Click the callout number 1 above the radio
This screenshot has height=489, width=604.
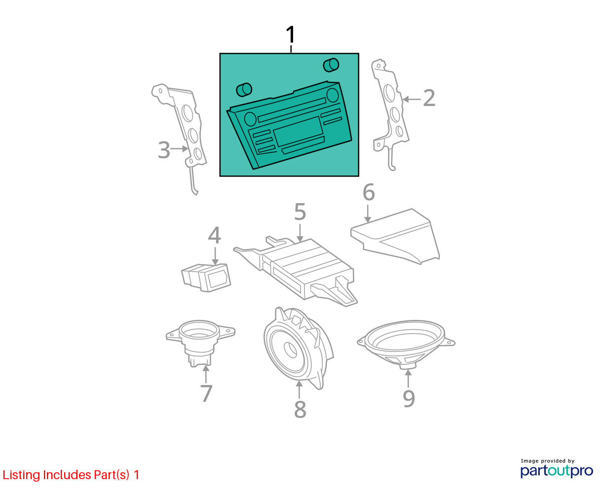point(291,35)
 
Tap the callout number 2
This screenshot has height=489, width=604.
point(429,98)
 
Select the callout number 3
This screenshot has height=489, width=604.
point(164,150)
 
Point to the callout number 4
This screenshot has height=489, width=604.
point(214,235)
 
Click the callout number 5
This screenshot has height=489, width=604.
point(300,211)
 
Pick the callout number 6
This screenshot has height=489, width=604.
point(369,192)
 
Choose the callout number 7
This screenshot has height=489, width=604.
point(206,393)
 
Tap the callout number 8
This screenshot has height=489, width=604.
point(300,409)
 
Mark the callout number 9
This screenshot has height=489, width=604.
point(409,399)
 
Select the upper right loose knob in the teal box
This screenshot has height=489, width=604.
point(331,65)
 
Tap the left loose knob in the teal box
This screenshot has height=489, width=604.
point(244,90)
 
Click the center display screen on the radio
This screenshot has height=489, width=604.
point(299,132)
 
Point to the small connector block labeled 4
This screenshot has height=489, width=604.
point(206,278)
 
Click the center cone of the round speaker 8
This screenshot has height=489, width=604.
point(290,350)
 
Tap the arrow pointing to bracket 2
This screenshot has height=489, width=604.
point(412,99)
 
